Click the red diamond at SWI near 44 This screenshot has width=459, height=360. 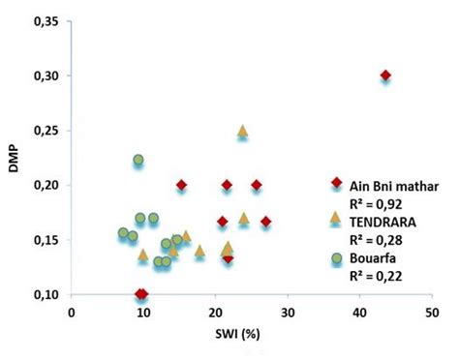pyautogui.click(x=385, y=75)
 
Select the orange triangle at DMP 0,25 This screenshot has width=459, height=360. pyautogui.click(x=242, y=131)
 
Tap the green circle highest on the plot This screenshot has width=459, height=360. pyautogui.click(x=138, y=160)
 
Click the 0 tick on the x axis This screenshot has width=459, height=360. pyautogui.click(x=72, y=313)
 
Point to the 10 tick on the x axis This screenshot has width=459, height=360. pyautogui.click(x=143, y=313)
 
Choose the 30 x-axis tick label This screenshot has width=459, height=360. pyautogui.click(x=288, y=313)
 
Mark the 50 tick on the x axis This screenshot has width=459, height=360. pyautogui.click(x=432, y=313)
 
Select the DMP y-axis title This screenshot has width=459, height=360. pyautogui.click(x=13, y=158)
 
